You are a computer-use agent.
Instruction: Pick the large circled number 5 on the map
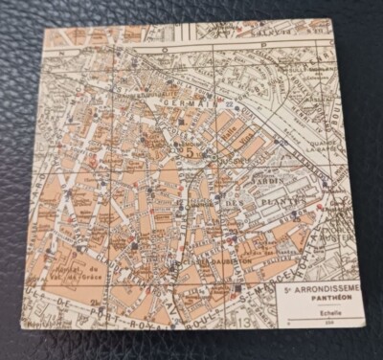(x=191, y=150)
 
